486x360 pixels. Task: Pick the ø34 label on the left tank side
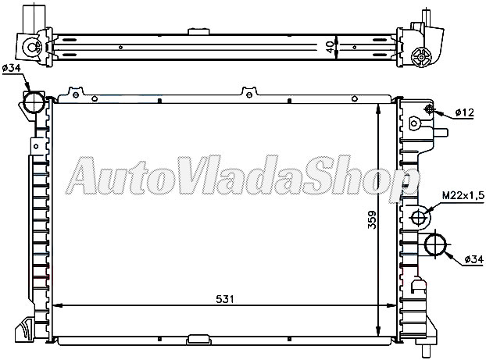pos(12,69)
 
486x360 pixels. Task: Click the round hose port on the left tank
pos(34,102)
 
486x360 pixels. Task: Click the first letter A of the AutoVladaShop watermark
pos(83,179)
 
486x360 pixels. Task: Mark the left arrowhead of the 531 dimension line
pos(62,305)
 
